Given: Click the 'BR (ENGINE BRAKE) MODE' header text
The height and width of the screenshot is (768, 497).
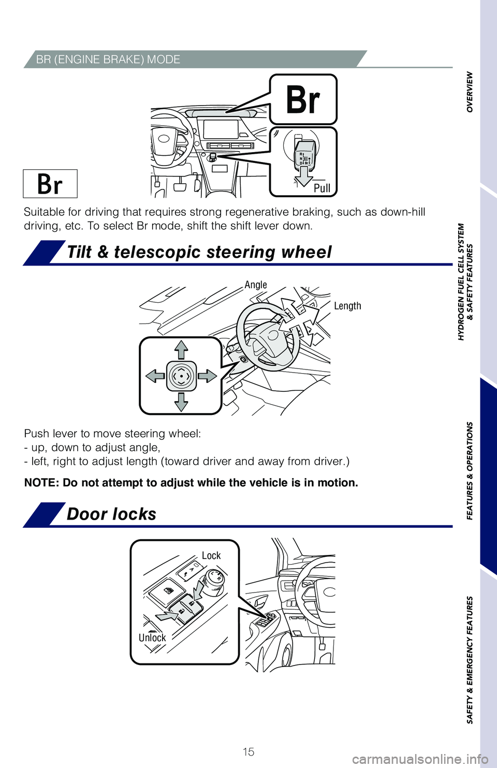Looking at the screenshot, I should point(108,60).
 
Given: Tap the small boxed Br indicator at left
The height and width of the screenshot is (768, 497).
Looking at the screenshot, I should point(50,184).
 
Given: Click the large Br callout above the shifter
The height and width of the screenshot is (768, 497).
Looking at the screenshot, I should point(303,100).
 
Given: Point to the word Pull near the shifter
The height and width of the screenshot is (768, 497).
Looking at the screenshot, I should point(321,188).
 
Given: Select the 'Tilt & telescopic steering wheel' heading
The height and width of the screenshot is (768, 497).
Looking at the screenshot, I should point(199,252).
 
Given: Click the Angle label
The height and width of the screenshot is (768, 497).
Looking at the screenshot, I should point(256,285).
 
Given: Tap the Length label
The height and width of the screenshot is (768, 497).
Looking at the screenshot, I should point(347,306).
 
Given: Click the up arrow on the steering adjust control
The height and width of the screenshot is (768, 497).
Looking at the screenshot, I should point(181,349).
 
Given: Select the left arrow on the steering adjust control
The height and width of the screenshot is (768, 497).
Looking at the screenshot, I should point(155,376).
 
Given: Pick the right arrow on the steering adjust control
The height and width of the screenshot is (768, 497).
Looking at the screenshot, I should point(207,376).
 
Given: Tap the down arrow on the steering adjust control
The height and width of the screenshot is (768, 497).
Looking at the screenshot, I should point(181,402).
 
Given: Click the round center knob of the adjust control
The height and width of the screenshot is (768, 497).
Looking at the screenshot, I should point(181,376).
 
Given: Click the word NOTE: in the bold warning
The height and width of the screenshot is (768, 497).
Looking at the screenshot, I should point(42,483).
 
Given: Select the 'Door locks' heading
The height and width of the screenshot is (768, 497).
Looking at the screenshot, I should point(111,514).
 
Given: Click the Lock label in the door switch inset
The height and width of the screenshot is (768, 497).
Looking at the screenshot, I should point(211,555).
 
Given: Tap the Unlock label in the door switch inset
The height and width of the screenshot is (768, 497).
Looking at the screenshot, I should point(152,638).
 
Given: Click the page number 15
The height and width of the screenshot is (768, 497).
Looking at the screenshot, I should point(248,751).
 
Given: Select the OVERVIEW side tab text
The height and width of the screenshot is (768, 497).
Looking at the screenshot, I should point(470,92).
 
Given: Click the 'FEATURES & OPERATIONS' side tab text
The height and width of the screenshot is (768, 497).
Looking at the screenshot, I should point(470,470).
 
